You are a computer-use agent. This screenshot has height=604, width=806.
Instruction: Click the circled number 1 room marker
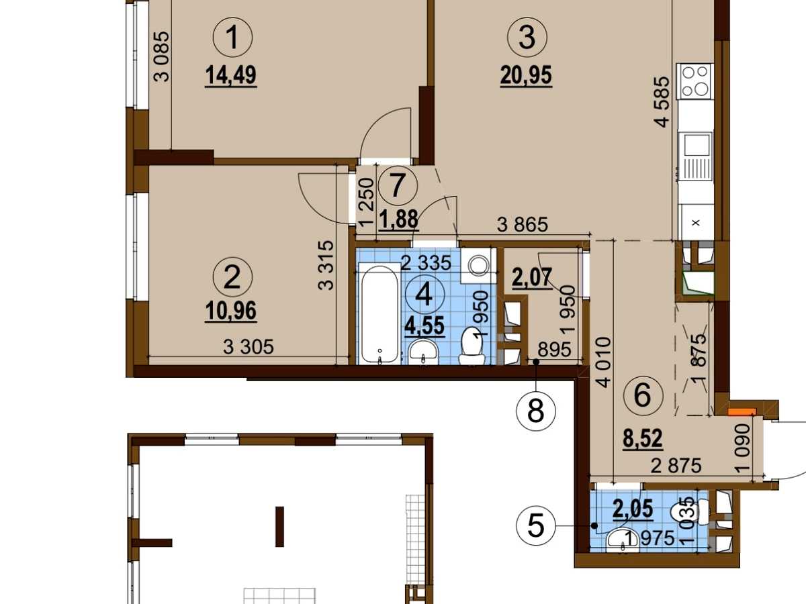(232, 38)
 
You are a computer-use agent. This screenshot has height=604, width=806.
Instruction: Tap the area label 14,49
(230, 76)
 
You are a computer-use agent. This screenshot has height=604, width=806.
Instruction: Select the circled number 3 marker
(527, 38)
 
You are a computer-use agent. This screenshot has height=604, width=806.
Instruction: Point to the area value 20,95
(526, 76)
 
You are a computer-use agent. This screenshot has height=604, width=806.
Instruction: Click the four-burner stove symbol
(696, 81)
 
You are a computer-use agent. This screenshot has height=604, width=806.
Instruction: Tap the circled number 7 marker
(398, 186)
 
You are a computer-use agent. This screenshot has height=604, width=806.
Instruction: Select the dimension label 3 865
(522, 224)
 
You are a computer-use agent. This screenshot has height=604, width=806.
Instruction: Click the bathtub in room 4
(379, 314)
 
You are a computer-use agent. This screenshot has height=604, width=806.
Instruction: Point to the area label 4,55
(424, 325)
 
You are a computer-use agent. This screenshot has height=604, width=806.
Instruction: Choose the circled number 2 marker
(232, 277)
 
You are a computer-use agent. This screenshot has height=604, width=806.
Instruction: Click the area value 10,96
(230, 311)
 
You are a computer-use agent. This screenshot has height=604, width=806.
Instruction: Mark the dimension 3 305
(249, 347)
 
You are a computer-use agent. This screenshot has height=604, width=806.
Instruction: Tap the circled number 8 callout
(536, 411)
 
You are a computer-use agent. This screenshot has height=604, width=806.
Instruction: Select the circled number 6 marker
(643, 396)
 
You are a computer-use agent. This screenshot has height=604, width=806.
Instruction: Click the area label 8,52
(643, 438)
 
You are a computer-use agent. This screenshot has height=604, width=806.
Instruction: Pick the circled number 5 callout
(536, 526)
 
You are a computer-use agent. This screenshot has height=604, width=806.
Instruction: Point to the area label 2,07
(533, 278)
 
